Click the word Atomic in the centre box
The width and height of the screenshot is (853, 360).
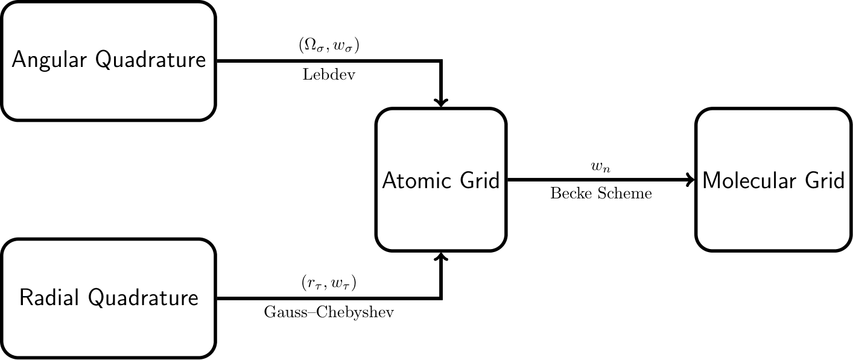pyautogui.click(x=413, y=180)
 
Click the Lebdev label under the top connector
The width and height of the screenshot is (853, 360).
pyautogui.click(x=329, y=75)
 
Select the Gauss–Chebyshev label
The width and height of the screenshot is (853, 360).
pyautogui.click(x=329, y=313)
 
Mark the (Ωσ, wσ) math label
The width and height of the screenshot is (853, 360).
pyautogui.click(x=329, y=46)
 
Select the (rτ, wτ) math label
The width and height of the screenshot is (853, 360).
pyautogui.click(x=329, y=283)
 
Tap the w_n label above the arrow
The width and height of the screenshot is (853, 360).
pyautogui.click(x=601, y=167)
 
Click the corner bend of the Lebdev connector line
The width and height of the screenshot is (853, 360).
pyautogui.click(x=442, y=61)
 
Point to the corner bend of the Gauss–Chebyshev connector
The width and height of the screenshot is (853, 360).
pyautogui.click(x=442, y=298)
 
